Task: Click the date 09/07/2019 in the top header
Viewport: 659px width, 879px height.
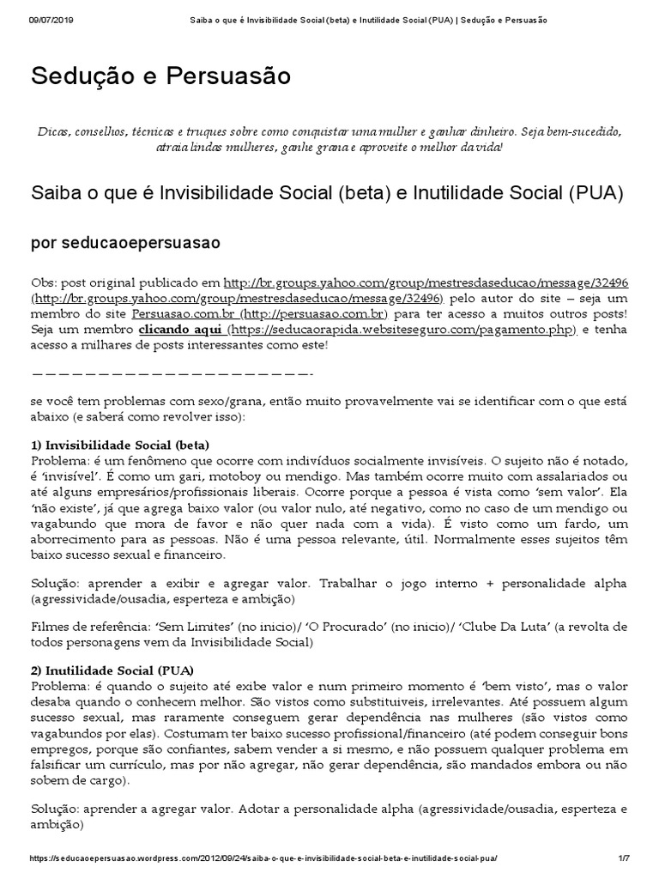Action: (52, 19)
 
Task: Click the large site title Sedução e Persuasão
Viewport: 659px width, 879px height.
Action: (161, 76)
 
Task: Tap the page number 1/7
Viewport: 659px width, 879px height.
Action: (624, 858)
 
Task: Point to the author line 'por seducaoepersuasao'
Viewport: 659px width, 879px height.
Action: (125, 243)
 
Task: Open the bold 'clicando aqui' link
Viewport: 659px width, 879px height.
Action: (181, 330)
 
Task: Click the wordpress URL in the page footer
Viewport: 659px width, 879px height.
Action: (263, 858)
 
